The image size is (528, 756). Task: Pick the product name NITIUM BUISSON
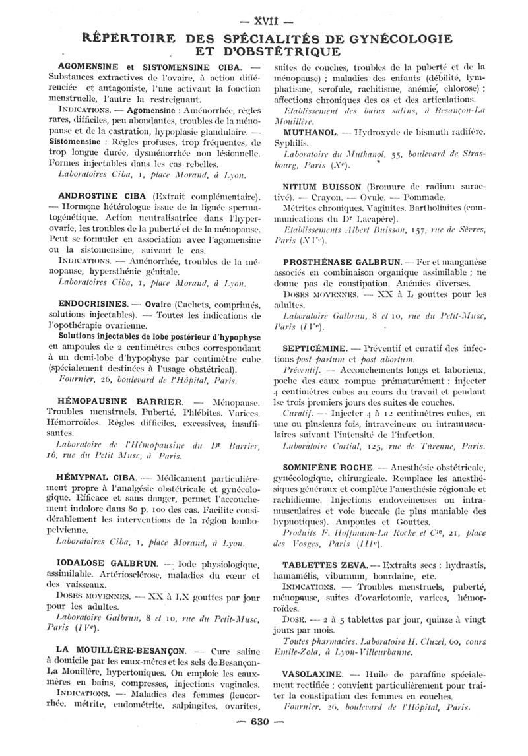(322, 187)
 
